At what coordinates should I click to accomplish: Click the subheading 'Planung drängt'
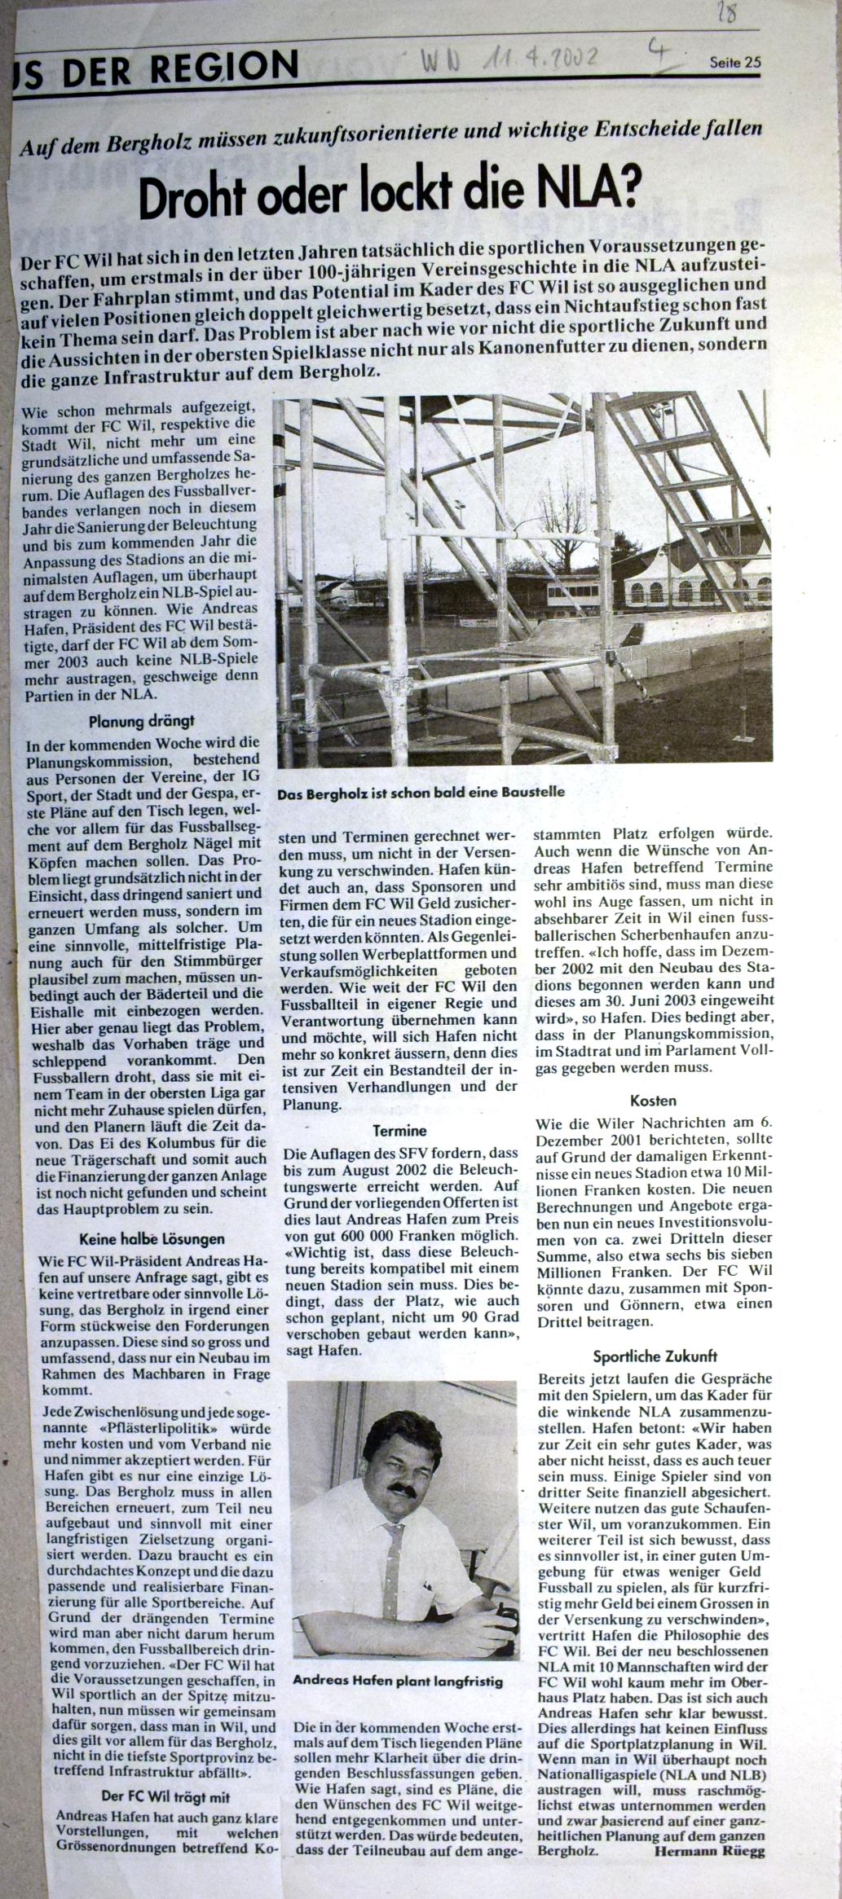coord(142,720)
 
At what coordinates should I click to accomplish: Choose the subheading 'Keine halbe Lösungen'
coord(140,1239)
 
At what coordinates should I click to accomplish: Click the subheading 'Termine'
coord(399,1131)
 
